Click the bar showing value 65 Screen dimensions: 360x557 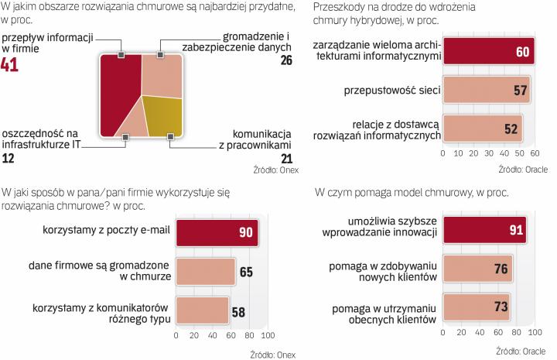point(205,271)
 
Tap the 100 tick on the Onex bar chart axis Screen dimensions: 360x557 point(266,337)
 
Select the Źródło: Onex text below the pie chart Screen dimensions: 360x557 point(275,169)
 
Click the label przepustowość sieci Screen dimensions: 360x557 point(392,91)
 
